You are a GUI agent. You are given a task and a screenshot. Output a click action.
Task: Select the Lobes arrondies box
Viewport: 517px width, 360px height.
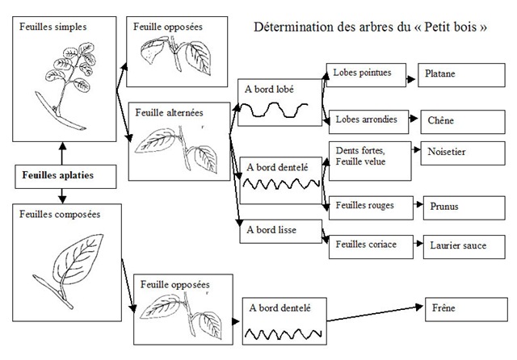pyautogui.click(x=364, y=119)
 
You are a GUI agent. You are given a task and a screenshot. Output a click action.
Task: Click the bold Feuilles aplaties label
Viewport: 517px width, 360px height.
pyautogui.click(x=58, y=174)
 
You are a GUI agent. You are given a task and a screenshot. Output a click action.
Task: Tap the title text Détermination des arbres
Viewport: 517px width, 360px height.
pyautogui.click(x=370, y=27)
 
